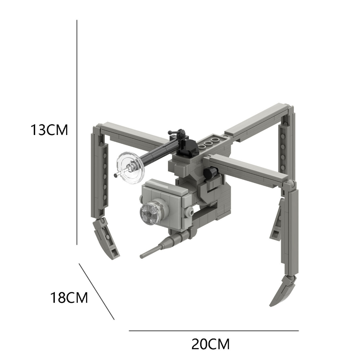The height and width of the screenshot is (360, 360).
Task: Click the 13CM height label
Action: point(49,130)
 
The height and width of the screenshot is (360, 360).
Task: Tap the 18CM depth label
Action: point(69,298)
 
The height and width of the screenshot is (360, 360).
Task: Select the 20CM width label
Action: point(210,344)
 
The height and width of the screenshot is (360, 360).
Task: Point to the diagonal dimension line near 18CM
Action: point(97,291)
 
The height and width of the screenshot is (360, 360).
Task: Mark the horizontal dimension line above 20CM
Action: point(213,330)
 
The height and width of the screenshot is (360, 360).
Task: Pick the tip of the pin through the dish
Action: point(116,174)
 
